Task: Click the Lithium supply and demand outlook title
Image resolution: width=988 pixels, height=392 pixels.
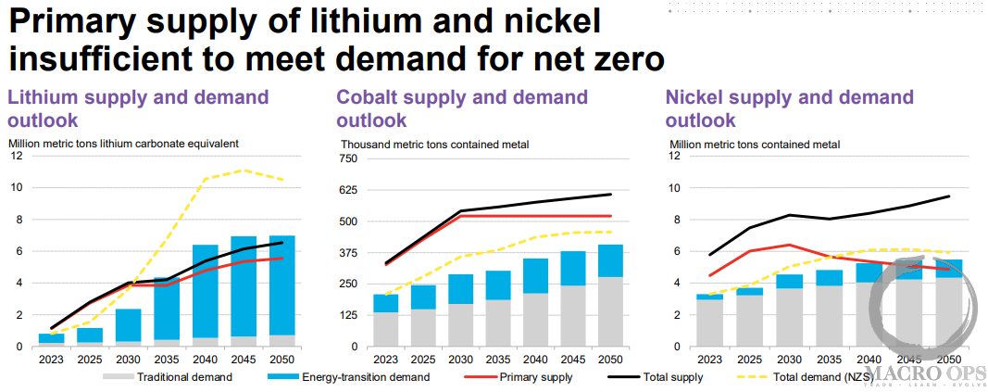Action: click(138, 108)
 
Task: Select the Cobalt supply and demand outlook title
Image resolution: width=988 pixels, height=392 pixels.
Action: click(462, 108)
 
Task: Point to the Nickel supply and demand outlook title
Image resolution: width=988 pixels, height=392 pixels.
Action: click(789, 108)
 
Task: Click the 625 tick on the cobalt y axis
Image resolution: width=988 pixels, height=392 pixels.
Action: click(347, 190)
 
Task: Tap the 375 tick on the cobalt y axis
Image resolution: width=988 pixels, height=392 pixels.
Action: click(347, 253)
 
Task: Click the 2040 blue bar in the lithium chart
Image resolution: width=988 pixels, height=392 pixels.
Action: click(205, 291)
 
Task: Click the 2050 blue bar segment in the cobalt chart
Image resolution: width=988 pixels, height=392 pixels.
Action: click(610, 260)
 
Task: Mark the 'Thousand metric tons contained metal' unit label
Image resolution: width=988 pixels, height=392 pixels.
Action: click(434, 145)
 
